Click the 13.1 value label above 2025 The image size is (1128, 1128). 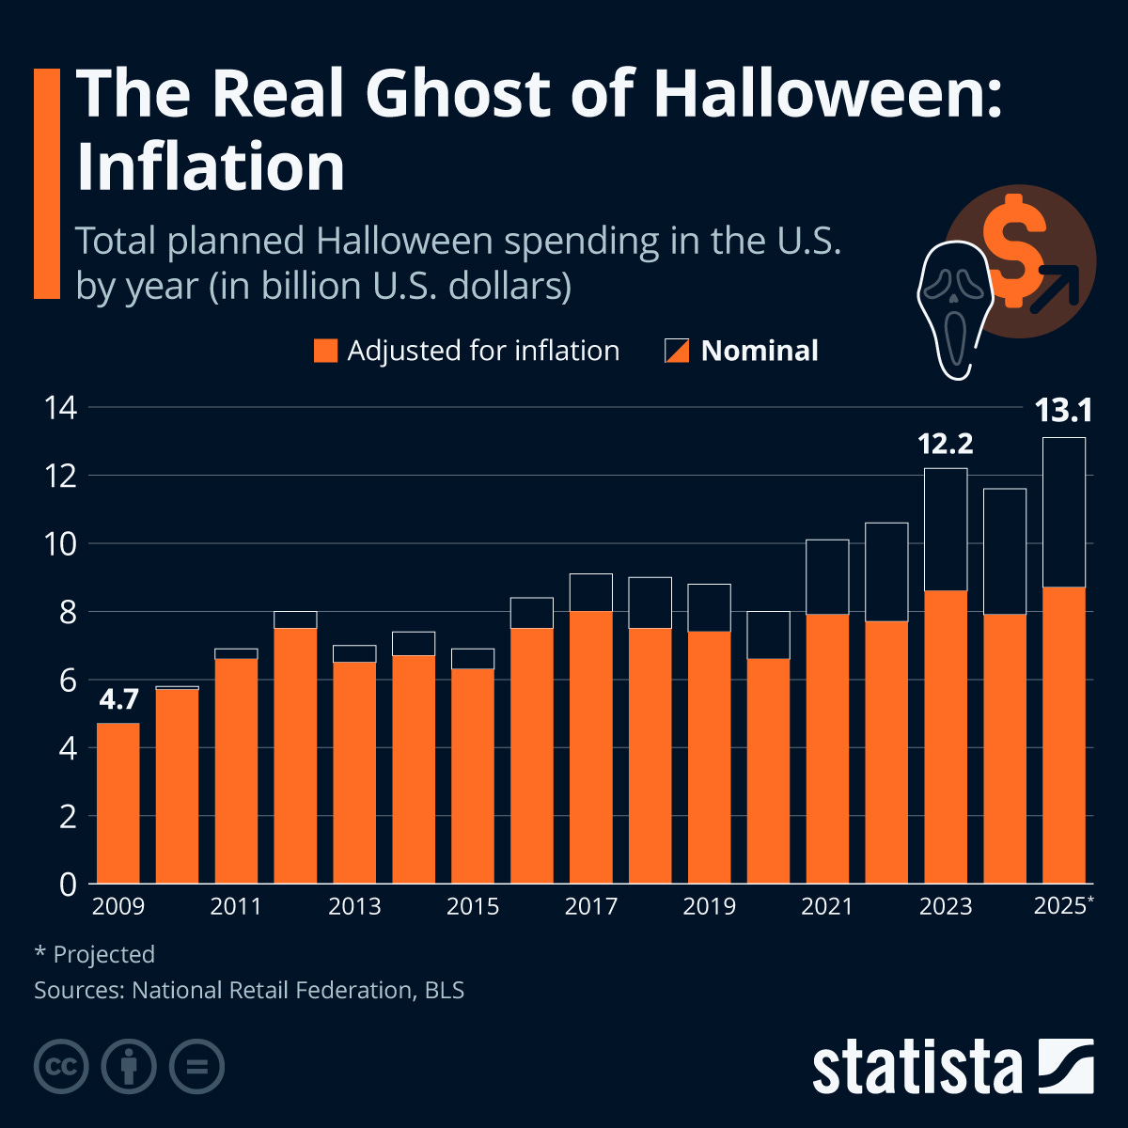[x=1063, y=412]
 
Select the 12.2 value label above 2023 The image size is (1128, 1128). [x=945, y=444]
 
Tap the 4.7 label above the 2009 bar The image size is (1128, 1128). [x=118, y=699]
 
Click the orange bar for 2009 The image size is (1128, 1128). [x=118, y=804]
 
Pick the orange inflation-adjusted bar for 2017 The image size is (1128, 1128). [x=590, y=747]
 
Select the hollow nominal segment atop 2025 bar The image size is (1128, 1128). [x=1063, y=512]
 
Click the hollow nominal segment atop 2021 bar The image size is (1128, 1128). [x=827, y=576]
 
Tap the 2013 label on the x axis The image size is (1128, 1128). [x=354, y=906]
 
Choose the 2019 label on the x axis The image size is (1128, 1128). [x=709, y=906]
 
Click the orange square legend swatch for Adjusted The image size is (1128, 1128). [x=325, y=351]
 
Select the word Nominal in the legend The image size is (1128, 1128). [x=760, y=351]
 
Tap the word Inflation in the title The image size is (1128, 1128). [x=211, y=167]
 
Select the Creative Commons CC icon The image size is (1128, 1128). [x=61, y=1067]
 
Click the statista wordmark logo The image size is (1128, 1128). [x=916, y=1067]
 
